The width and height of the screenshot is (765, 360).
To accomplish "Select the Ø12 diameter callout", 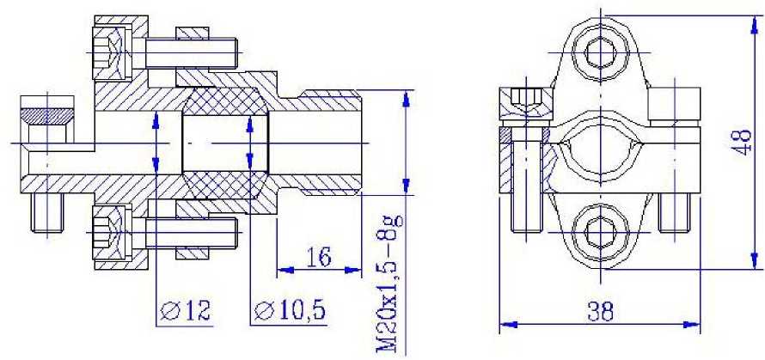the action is (x=186, y=311).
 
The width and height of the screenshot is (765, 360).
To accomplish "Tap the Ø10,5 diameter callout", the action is (x=291, y=311).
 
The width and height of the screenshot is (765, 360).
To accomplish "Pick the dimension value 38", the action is (x=600, y=311).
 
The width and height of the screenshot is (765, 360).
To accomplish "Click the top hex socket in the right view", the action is (x=601, y=52).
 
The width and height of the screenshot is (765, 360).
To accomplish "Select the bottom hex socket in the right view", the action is (x=601, y=231).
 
